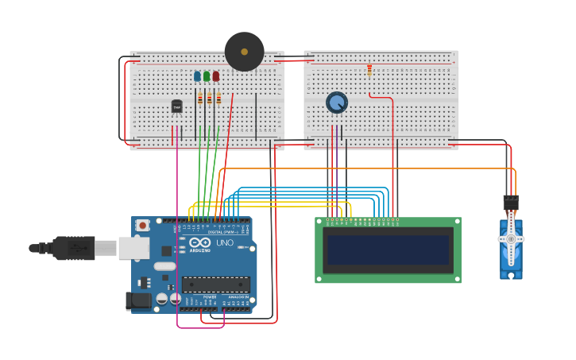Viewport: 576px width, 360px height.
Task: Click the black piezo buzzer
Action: tap(244, 52)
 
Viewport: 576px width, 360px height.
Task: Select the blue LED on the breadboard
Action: tap(197, 76)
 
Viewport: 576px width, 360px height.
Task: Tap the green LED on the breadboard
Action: tap(207, 76)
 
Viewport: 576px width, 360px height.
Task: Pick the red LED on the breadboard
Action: tap(215, 76)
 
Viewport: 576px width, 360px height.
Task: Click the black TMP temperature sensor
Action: tap(176, 106)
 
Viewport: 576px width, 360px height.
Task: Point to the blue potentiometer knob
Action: tap(337, 103)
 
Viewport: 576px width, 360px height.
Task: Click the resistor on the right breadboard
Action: tap(369, 71)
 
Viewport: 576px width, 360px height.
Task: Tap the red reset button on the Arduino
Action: tap(142, 225)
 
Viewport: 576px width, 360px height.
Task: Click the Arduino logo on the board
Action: tap(200, 242)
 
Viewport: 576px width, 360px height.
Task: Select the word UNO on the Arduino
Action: tap(225, 242)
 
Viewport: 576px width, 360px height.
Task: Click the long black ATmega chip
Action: tap(215, 284)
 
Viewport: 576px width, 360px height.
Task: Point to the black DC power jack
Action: tap(137, 300)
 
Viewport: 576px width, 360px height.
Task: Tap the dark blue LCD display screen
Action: tap(388, 250)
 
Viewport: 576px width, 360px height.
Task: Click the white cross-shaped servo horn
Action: tap(511, 238)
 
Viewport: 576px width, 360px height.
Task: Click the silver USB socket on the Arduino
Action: tap(133, 248)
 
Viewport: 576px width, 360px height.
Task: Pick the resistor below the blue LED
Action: tap(199, 99)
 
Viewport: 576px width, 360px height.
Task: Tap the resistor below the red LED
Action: tap(218, 99)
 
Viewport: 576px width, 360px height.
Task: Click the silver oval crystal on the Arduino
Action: tap(164, 266)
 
